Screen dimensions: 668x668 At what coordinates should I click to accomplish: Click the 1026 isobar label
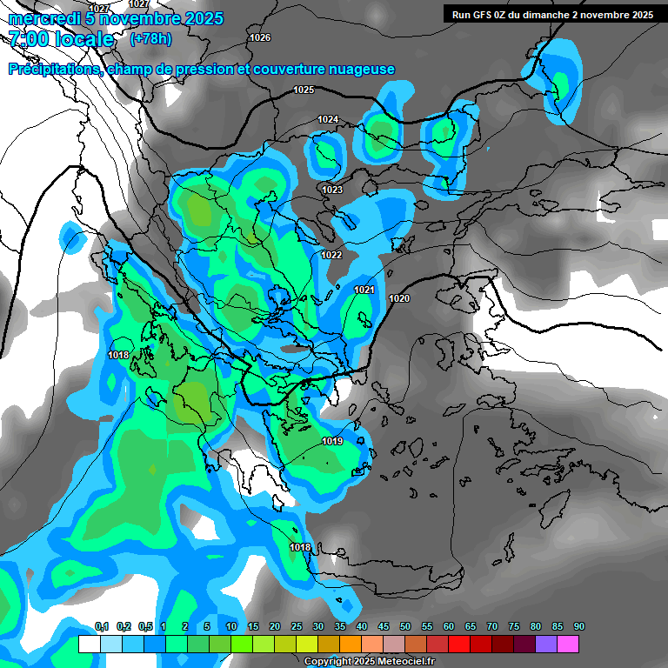click(259, 37)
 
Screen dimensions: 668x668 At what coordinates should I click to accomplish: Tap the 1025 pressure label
click(304, 90)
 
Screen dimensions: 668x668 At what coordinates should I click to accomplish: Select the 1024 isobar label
click(328, 119)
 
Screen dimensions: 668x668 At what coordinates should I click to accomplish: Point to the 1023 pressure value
click(332, 190)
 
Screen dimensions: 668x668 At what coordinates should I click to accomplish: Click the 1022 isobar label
click(331, 255)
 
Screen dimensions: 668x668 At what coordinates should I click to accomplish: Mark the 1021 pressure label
click(364, 290)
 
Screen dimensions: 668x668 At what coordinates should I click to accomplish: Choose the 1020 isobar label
click(399, 298)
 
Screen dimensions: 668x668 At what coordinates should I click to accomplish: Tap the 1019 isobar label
click(332, 442)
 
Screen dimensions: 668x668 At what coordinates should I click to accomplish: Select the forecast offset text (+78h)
click(150, 39)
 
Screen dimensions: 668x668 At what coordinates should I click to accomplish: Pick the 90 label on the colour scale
click(578, 626)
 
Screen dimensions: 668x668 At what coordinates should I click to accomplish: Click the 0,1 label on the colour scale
click(101, 626)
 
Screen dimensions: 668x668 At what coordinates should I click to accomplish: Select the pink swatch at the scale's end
click(568, 644)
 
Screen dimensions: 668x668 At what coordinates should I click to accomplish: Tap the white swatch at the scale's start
click(89, 644)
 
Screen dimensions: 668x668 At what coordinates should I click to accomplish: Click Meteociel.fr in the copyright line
click(392, 662)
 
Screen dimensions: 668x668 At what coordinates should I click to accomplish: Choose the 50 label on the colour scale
click(405, 626)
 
